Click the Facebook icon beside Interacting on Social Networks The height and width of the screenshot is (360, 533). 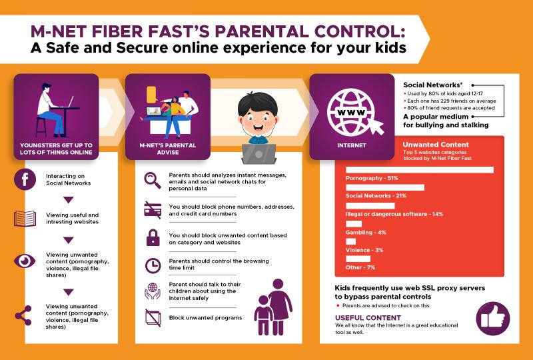[x=25, y=179]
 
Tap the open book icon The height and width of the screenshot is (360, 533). [x=25, y=219]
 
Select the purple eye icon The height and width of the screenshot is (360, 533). [x=25, y=261]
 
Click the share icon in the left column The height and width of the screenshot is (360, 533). [x=23, y=315]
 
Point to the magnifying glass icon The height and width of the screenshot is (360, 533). [x=153, y=181]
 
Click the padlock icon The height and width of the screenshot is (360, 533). [x=153, y=237]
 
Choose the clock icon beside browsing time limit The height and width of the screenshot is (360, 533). [x=153, y=265]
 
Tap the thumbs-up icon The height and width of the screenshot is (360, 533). [x=493, y=319]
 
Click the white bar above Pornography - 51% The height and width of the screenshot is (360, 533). [x=420, y=170]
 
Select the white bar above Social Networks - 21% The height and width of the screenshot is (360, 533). [x=385, y=187]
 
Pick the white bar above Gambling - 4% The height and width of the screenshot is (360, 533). [x=354, y=223]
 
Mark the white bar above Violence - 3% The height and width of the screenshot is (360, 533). [x=351, y=241]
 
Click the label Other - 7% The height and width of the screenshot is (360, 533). [x=360, y=267]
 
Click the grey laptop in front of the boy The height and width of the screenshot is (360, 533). [x=259, y=154]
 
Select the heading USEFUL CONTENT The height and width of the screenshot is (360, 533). [x=368, y=318]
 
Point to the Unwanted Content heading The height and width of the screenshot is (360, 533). [x=436, y=145]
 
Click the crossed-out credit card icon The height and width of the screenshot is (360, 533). [x=153, y=209]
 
